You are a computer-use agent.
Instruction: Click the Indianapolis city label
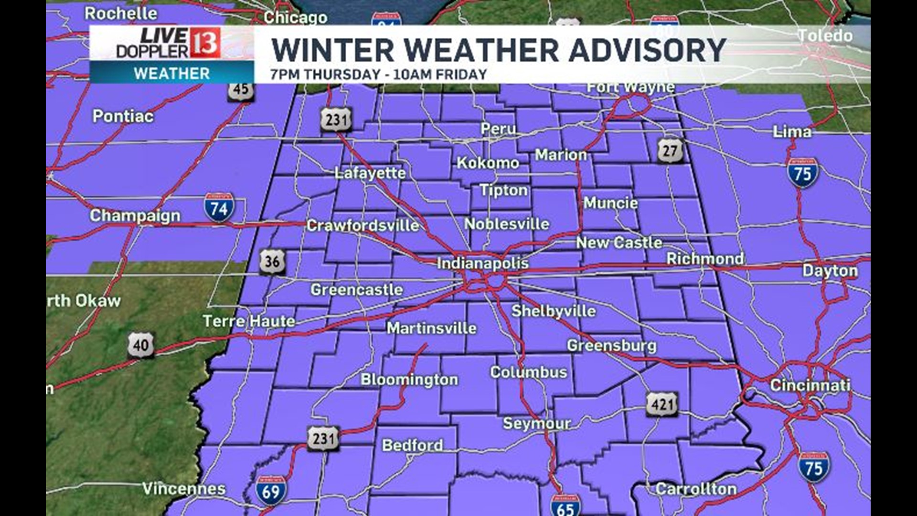click(x=482, y=263)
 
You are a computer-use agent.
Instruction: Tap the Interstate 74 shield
click(x=219, y=208)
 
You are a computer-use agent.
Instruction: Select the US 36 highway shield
click(x=272, y=261)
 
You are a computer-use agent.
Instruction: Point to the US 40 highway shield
click(x=141, y=344)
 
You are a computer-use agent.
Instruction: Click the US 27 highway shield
click(x=670, y=151)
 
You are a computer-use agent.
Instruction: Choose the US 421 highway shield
click(x=662, y=405)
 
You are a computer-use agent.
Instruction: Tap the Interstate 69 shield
click(x=271, y=491)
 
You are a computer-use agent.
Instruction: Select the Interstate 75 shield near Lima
click(x=802, y=173)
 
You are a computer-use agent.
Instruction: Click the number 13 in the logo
click(x=205, y=43)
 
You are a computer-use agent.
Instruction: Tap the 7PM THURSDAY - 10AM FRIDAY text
click(x=378, y=75)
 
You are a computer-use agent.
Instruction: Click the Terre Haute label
click(x=249, y=321)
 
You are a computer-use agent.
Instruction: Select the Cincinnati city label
click(x=810, y=385)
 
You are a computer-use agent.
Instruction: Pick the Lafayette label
click(x=370, y=173)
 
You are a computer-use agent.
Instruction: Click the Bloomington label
click(x=409, y=379)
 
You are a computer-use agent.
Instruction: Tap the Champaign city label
click(x=135, y=215)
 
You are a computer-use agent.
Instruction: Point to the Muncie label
click(x=610, y=203)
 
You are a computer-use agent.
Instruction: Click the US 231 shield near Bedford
click(x=323, y=439)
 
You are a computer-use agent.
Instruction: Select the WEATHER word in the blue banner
click(x=171, y=74)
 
